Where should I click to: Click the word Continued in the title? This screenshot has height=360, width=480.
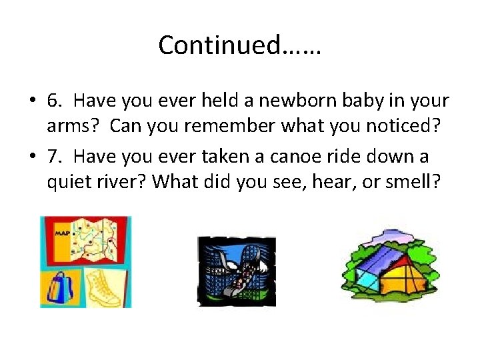pos(219,45)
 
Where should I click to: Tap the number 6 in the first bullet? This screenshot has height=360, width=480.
pos(54,101)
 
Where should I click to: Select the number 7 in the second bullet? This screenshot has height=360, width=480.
pos(54,156)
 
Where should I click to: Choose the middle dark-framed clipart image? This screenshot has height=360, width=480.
pos(236,271)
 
